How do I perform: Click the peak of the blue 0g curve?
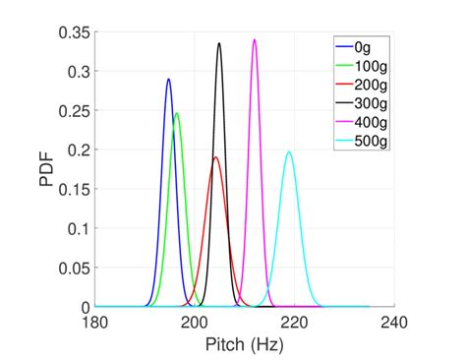[x=168, y=80]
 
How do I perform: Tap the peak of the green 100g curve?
[x=177, y=113]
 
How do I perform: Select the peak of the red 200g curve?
[x=216, y=157]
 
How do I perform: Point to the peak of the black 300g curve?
[x=219, y=43]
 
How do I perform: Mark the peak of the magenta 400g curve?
[x=255, y=40]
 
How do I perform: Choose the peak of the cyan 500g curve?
[x=289, y=151]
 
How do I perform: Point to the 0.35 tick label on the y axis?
[x=75, y=32]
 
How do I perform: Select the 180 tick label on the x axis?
[x=95, y=323]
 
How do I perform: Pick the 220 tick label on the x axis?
[x=294, y=323]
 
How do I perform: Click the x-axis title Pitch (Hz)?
[x=244, y=344]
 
